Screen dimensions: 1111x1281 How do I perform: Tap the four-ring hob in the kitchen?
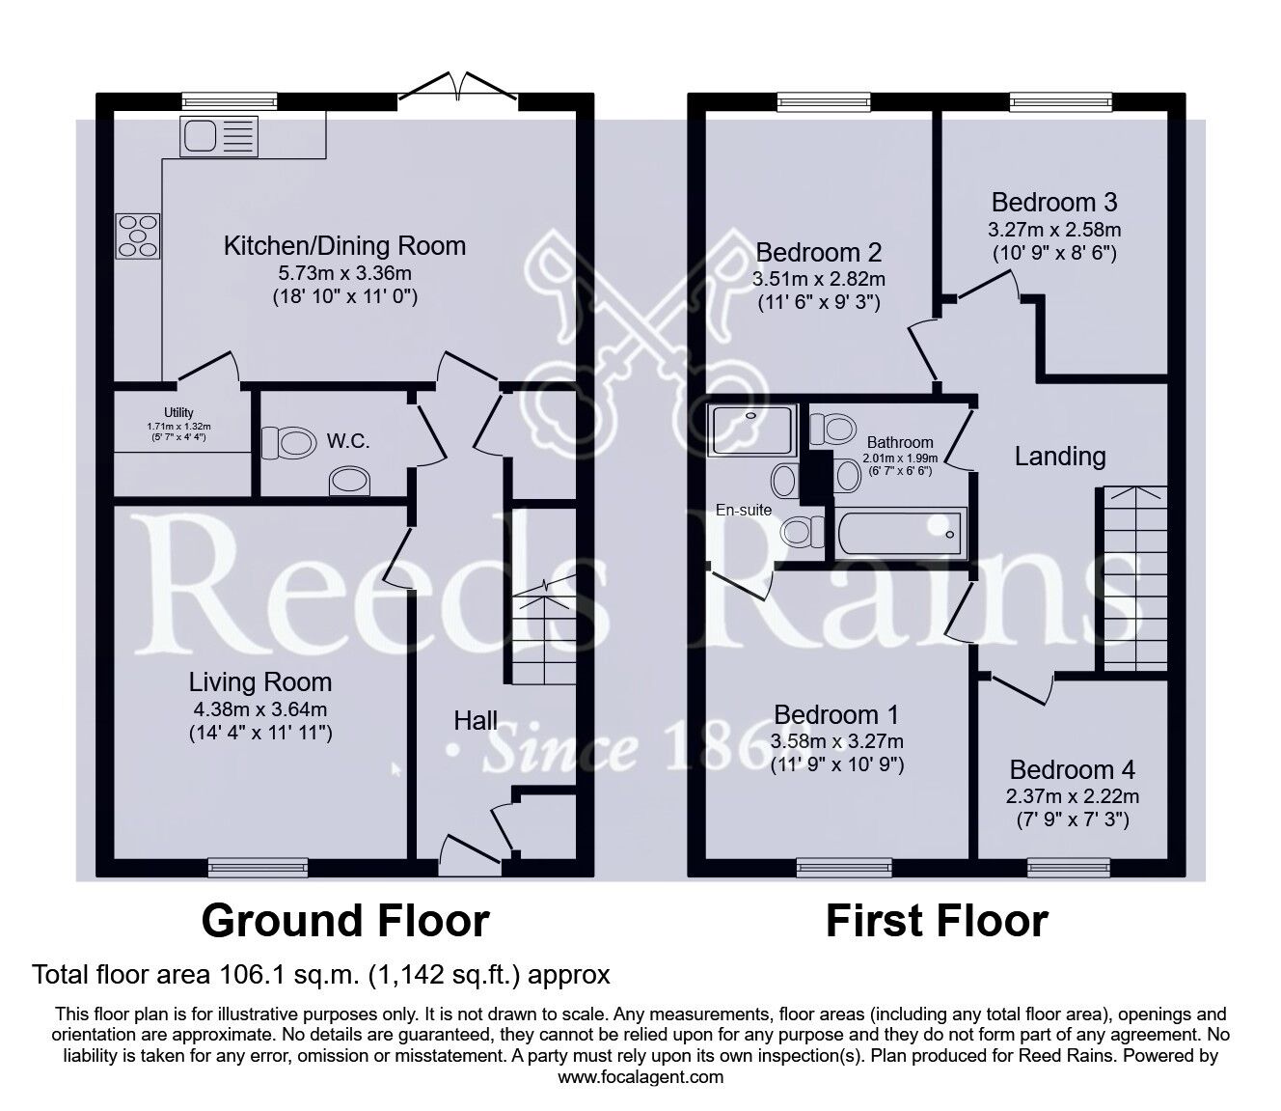pyautogui.click(x=138, y=236)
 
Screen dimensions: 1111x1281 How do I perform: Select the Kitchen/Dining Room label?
pyautogui.click(x=344, y=246)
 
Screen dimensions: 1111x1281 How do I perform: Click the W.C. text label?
pyautogui.click(x=348, y=441)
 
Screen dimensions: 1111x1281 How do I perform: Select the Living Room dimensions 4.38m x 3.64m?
pyautogui.click(x=259, y=709)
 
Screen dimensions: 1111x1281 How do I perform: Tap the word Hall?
pyautogui.click(x=476, y=720)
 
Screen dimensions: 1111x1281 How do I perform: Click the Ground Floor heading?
pyautogui.click(x=344, y=921)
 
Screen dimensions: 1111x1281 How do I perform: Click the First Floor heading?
pyautogui.click(x=936, y=921)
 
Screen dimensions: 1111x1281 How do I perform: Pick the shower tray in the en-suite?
pyautogui.click(x=752, y=430)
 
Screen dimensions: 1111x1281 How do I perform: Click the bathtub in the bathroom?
pyautogui.click(x=900, y=533)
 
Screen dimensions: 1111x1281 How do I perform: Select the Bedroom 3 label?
pyautogui.click(x=1053, y=203)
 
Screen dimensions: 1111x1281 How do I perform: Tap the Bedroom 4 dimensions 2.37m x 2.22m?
pyautogui.click(x=1072, y=796)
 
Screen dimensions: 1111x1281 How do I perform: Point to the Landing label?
pyautogui.click(x=1059, y=457)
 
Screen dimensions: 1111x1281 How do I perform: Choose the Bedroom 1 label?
pyautogui.click(x=836, y=715)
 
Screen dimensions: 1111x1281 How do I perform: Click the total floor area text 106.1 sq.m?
pyautogui.click(x=321, y=975)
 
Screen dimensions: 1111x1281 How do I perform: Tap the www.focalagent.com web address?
pyautogui.click(x=640, y=1076)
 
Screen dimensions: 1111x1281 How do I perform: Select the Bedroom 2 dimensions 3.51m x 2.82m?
pyautogui.click(x=818, y=279)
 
